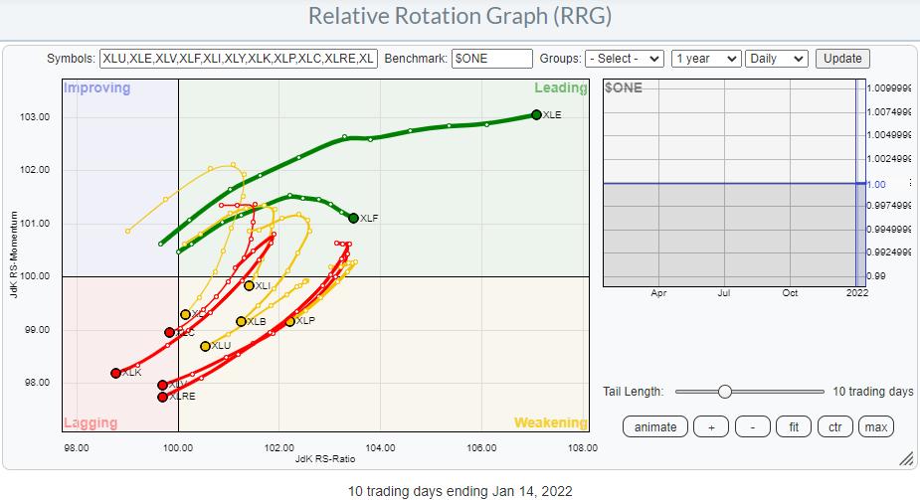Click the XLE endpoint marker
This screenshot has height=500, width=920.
536,114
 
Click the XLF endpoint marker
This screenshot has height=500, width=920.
353,218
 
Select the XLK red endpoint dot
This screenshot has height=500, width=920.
115,373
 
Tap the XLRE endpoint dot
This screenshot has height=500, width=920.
162,397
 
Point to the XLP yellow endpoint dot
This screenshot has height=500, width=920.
290,321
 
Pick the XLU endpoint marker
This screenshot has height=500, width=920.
205,346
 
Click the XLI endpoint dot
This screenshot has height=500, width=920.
249,285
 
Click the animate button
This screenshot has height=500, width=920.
654,426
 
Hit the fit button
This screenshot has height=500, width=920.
793,426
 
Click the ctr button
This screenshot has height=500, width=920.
833,426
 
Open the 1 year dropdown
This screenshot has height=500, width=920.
706,59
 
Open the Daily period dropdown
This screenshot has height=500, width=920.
778,59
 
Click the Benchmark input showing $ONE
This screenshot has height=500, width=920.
491,59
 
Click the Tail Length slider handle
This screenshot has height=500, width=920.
724,392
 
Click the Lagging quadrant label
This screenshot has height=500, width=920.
92,422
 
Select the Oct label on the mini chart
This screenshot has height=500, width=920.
790,293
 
